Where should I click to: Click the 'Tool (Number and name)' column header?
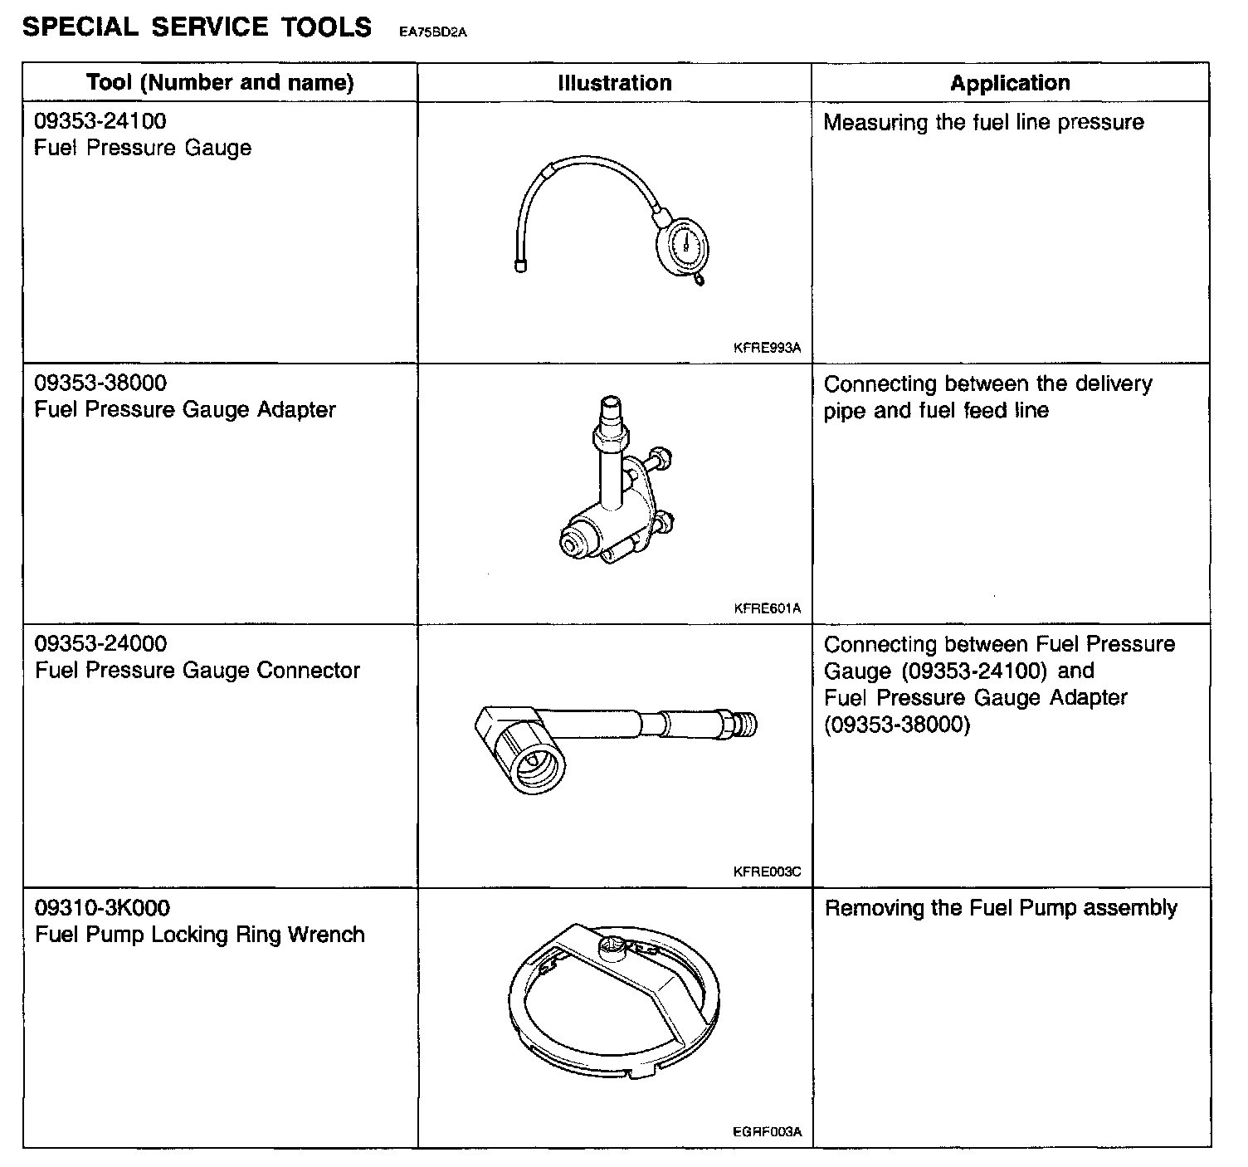click(220, 83)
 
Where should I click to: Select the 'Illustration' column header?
click(614, 83)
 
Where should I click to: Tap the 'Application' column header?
click(1010, 83)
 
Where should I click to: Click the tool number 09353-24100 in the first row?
click(100, 121)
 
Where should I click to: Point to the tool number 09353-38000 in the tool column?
click(100, 383)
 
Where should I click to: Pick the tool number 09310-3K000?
click(103, 908)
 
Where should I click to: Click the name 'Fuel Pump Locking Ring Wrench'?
click(200, 935)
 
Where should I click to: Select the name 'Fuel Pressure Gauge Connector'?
click(197, 671)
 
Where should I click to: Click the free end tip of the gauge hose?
click(521, 266)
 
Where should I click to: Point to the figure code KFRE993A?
click(768, 349)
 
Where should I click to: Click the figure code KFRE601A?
click(768, 609)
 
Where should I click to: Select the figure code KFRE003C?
click(768, 872)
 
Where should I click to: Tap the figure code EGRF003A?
click(768, 1132)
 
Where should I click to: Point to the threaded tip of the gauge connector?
click(747, 724)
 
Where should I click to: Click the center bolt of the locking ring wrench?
click(612, 945)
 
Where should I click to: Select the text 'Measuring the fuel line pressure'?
click(983, 123)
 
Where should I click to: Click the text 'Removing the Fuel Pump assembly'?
click(1001, 908)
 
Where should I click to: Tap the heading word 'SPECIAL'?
click(80, 27)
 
